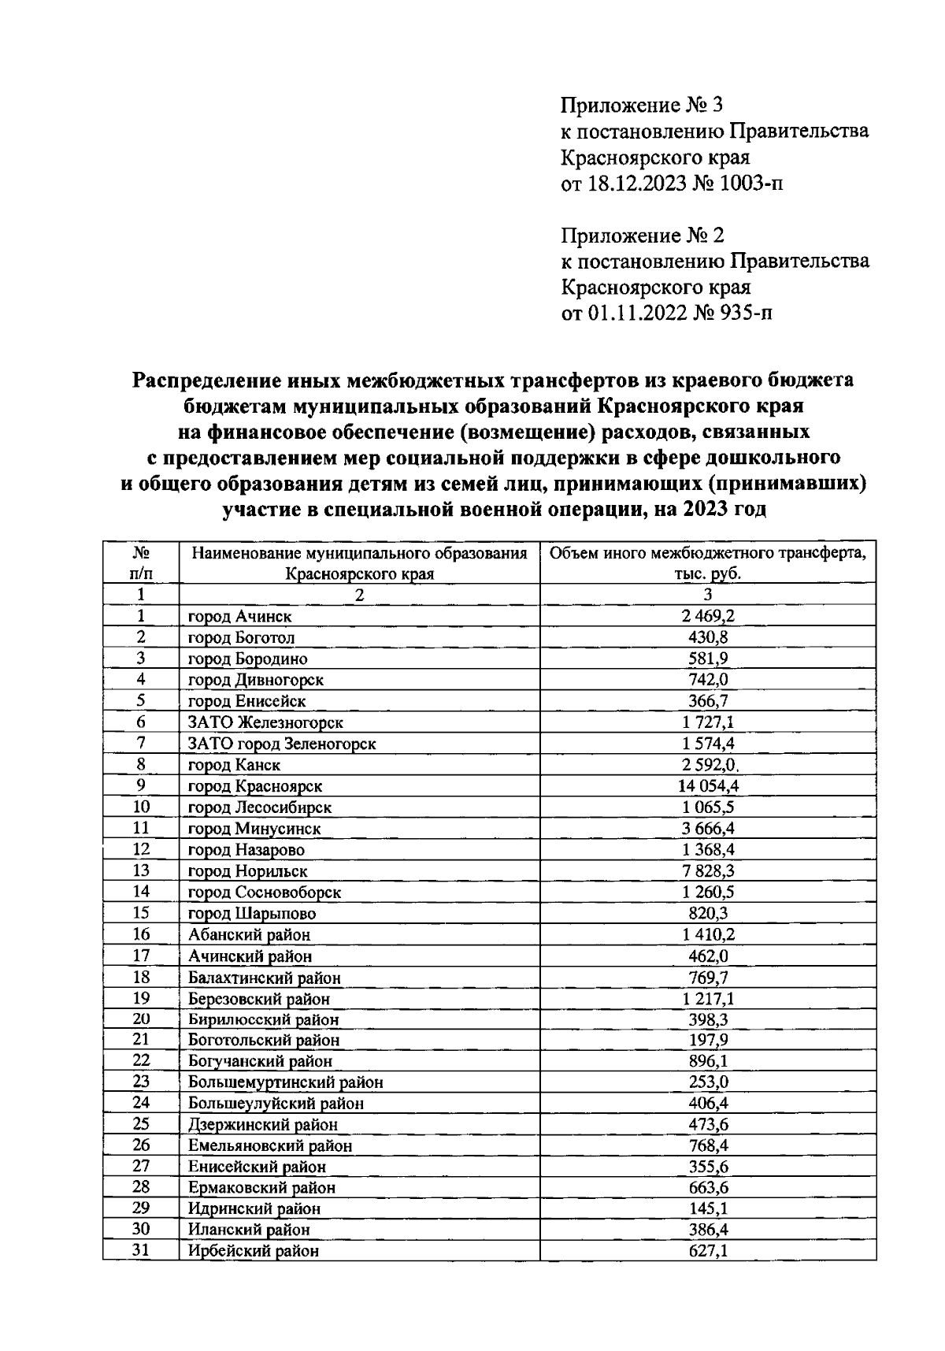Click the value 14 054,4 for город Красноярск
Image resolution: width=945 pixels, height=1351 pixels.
(707, 785)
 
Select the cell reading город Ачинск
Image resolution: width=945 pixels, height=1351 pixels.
(240, 616)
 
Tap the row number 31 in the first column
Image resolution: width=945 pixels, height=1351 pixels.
(141, 1249)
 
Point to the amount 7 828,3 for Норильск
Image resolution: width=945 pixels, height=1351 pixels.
(707, 870)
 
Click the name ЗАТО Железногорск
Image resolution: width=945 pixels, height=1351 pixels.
(265, 722)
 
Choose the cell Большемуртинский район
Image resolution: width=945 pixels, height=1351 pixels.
(286, 1082)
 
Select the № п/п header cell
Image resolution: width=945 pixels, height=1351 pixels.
(141, 562)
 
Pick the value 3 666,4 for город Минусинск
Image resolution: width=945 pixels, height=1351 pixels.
(707, 828)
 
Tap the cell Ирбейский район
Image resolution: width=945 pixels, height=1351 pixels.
(254, 1250)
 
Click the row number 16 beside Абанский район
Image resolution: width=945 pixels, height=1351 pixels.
(141, 934)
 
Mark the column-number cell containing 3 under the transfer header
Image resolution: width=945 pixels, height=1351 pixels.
(707, 595)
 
